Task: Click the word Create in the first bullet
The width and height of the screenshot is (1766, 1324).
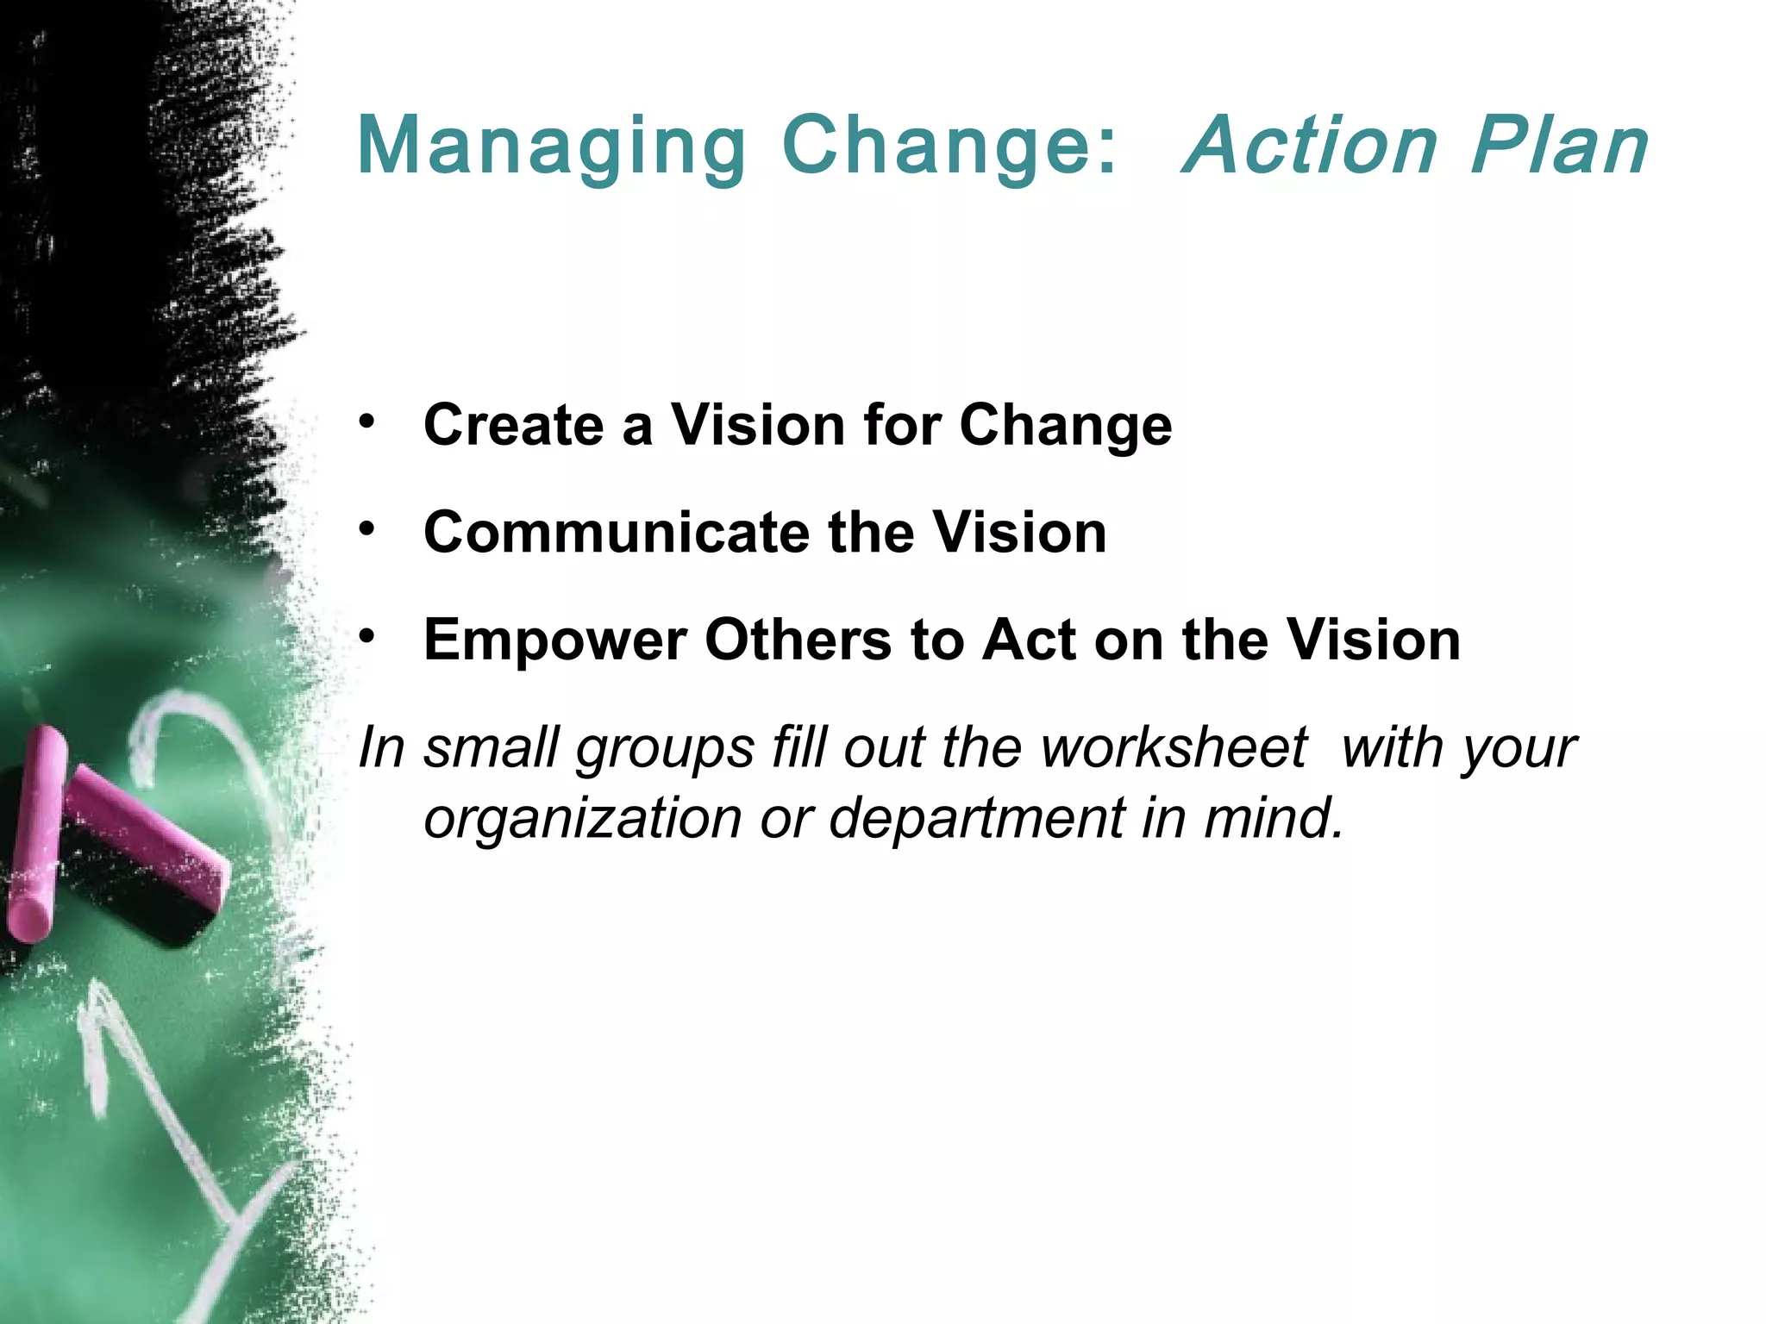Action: (x=514, y=425)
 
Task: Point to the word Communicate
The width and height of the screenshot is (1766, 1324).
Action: (x=616, y=532)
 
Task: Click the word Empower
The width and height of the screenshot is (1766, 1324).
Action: (x=555, y=640)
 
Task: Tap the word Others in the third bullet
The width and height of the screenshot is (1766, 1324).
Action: (x=798, y=640)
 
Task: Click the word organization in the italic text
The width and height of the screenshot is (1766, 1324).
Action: (x=583, y=818)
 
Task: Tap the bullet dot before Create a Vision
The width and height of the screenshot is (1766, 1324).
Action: (x=368, y=422)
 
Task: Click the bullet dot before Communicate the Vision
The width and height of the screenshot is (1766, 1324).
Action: (x=368, y=529)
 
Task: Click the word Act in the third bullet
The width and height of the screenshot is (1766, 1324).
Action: (x=1030, y=640)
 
